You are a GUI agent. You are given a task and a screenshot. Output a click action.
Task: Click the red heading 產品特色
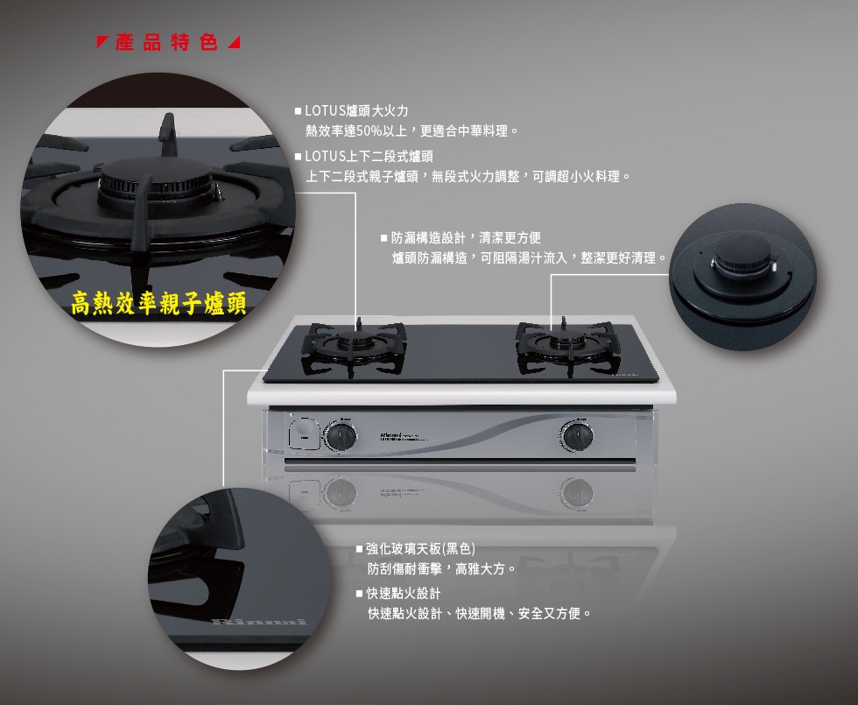tap(167, 42)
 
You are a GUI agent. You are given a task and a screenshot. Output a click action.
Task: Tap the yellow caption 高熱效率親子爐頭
tap(158, 304)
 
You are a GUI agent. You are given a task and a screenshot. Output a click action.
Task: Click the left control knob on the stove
tap(341, 436)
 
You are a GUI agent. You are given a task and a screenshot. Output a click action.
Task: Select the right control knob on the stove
tap(576, 436)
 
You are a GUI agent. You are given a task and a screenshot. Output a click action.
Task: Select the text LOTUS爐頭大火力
tap(356, 111)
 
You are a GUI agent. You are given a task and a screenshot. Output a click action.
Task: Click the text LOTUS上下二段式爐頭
tap(369, 157)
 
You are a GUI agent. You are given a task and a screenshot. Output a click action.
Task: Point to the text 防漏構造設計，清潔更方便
tap(466, 237)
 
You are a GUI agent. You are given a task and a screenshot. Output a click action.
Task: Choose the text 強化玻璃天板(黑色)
tap(420, 548)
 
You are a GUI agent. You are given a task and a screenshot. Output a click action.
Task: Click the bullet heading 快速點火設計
tap(404, 594)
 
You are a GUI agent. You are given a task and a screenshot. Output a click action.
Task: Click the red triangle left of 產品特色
tap(102, 42)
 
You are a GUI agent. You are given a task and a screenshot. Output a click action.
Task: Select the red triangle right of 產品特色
tap(234, 42)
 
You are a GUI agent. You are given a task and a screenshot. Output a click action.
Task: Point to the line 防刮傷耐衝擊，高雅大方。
tap(441, 569)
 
